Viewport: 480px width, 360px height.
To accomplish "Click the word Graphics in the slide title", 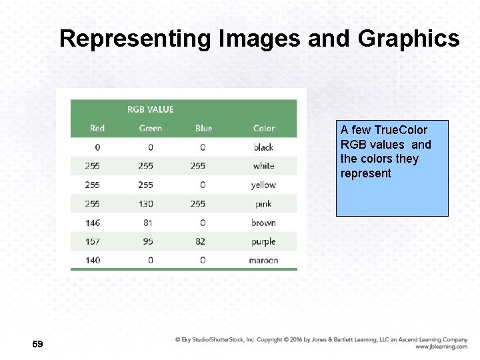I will (409, 39).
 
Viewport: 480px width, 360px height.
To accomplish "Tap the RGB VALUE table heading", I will (150, 109).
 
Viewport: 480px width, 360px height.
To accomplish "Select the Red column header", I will (97, 128).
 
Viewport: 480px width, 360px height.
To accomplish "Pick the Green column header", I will (150, 128).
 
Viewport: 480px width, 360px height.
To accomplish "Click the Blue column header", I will (203, 128).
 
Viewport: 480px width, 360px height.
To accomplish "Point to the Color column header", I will (264, 128).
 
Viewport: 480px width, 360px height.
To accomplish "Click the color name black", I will (263, 147).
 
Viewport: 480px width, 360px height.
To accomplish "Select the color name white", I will (263, 166).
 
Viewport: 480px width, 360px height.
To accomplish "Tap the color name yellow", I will (263, 185).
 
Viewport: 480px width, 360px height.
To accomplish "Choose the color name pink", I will (263, 204).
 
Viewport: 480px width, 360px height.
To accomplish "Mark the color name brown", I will (263, 223).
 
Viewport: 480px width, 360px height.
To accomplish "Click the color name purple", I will (263, 241).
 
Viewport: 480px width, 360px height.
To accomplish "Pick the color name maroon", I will (263, 260).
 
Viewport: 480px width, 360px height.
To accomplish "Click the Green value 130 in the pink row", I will (145, 204).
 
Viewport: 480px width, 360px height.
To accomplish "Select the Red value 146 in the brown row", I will (93, 223).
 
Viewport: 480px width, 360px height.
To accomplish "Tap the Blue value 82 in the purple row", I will (200, 241).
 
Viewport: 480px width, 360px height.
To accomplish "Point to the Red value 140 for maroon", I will (93, 260).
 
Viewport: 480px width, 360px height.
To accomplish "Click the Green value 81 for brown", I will (148, 223).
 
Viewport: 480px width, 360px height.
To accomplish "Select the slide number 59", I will (37, 344).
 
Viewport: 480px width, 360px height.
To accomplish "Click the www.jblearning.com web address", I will (441, 347).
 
